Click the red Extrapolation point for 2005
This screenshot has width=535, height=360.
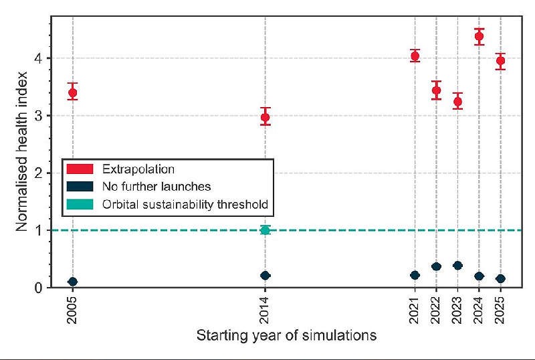click(73, 93)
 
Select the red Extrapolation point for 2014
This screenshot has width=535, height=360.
click(265, 117)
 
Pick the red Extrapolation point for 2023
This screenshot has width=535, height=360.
click(457, 102)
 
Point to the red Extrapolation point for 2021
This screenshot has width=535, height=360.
click(415, 56)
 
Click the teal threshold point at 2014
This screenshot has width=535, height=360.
click(265, 230)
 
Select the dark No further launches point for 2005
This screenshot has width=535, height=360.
click(73, 282)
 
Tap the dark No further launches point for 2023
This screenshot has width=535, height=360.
click(457, 266)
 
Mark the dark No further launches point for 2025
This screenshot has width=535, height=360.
click(500, 278)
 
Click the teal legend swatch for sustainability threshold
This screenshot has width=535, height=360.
click(80, 203)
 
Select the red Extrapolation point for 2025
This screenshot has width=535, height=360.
click(500, 61)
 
